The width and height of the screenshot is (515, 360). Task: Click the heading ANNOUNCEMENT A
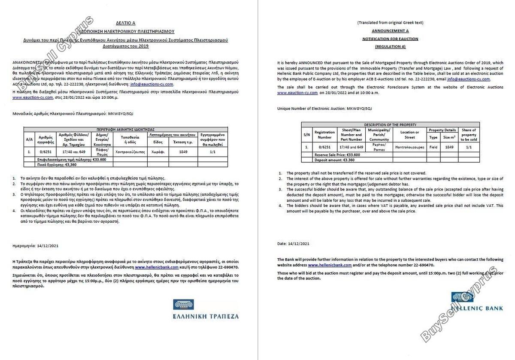click(390, 31)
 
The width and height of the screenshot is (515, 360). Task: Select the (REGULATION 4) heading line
click(390, 46)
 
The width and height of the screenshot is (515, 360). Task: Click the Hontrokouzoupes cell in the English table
click(409, 147)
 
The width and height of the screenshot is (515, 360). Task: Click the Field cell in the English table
click(433, 147)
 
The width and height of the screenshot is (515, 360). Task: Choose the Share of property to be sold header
click(468, 135)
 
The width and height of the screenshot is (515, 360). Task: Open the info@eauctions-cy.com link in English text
click(468, 79)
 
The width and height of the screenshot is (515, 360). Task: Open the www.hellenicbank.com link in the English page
click(330, 265)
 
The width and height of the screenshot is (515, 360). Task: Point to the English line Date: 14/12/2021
click(293, 244)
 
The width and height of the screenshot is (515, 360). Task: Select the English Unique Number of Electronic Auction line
click(325, 109)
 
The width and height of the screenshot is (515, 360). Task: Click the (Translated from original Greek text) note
click(390, 23)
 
